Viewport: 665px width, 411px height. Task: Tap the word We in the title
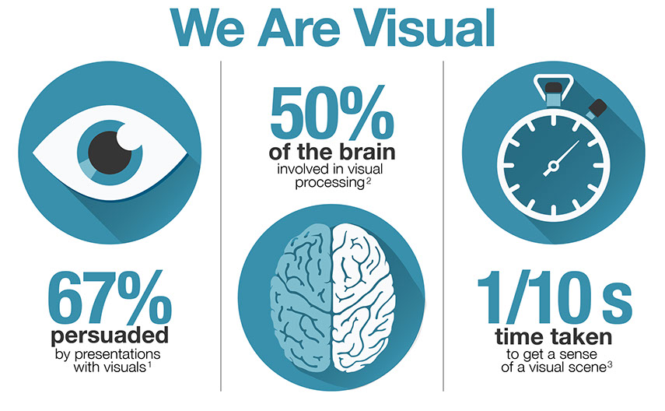click(207, 29)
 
